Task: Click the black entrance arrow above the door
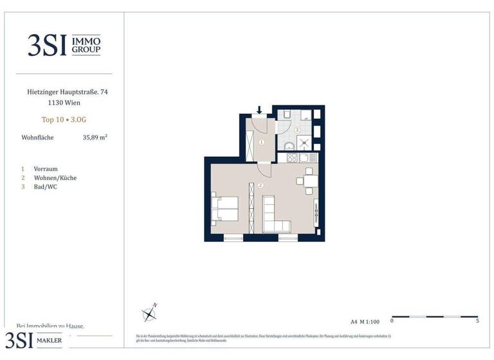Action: point(260,111)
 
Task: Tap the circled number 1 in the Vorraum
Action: point(262,142)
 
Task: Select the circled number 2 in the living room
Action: point(260,185)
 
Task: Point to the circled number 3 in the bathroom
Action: point(297,130)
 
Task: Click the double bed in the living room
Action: point(224,209)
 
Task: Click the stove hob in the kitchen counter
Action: point(291,157)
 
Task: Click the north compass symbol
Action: point(150,313)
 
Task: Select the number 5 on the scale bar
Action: point(477,320)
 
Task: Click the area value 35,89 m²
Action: point(95,137)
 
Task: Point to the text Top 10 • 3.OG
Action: point(63,119)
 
